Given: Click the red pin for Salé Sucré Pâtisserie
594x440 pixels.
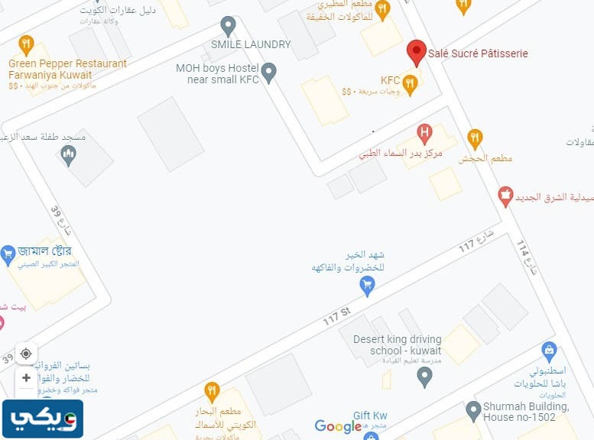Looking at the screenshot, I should coord(416,52).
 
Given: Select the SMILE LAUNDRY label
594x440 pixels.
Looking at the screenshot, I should coord(251,44).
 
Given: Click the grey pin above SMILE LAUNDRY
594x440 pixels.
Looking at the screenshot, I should coord(227,25).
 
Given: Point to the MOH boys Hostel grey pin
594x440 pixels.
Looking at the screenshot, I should coord(268,73).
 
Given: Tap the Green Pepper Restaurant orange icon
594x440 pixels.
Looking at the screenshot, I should coord(27,44).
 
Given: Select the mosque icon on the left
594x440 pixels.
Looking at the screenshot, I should coord(69,156).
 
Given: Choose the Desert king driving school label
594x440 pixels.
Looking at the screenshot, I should coord(397,345).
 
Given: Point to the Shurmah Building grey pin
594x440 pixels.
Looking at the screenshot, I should coord(473,412).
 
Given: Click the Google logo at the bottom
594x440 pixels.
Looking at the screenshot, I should coord(338,426).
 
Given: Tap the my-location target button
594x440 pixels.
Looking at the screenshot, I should coord(26,354).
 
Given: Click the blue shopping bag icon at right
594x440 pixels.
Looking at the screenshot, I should coord(548,351).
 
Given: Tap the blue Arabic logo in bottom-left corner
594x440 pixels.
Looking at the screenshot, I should coord(42,419).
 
